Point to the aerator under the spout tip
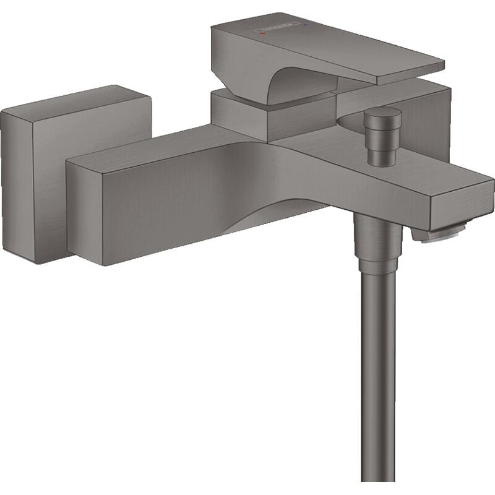point(441,235)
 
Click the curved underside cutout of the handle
point(297,84)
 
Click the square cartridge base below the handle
point(241,118)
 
